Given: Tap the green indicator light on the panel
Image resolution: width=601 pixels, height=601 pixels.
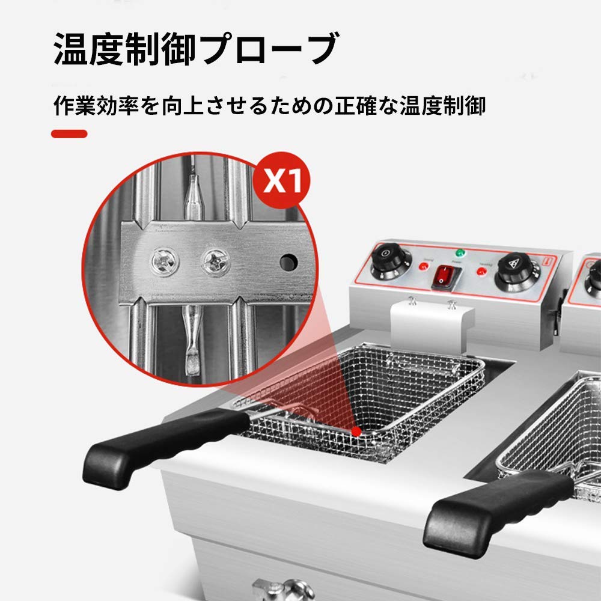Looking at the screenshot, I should [x=461, y=253].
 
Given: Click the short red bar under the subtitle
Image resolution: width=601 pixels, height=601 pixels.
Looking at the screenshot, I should [x=69, y=133].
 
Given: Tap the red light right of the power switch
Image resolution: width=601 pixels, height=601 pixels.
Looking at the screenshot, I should [x=481, y=272].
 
